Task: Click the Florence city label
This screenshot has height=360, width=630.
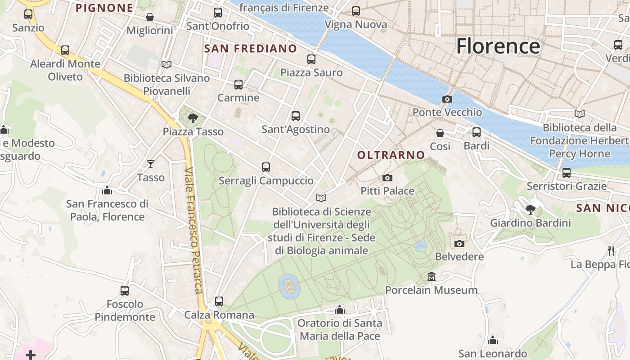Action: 498,46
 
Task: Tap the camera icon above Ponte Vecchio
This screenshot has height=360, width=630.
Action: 447,99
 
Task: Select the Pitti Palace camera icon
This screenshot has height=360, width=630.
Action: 387,178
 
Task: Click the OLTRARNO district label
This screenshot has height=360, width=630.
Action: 391,155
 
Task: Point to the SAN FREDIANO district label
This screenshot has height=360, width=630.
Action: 251,49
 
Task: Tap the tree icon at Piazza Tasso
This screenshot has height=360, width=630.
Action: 193,118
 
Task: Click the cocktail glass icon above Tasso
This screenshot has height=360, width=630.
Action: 151,164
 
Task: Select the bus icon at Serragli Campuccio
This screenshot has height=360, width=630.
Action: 266,167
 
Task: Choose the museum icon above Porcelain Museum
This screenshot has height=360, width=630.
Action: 432,276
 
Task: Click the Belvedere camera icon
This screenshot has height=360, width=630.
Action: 459,243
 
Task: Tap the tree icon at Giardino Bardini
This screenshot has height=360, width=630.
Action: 531,209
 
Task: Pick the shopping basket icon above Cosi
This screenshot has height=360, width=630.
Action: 440,133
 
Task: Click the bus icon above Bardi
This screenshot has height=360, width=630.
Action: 476,132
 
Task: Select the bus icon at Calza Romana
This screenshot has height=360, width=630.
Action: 219,301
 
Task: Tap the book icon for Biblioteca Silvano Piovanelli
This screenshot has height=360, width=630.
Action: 166,65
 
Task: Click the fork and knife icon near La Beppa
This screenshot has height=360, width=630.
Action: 611,251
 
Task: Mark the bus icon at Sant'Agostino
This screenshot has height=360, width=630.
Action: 296,116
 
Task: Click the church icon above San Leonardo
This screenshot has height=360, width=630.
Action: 493,340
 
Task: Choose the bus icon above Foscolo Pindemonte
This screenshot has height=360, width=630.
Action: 125,291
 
